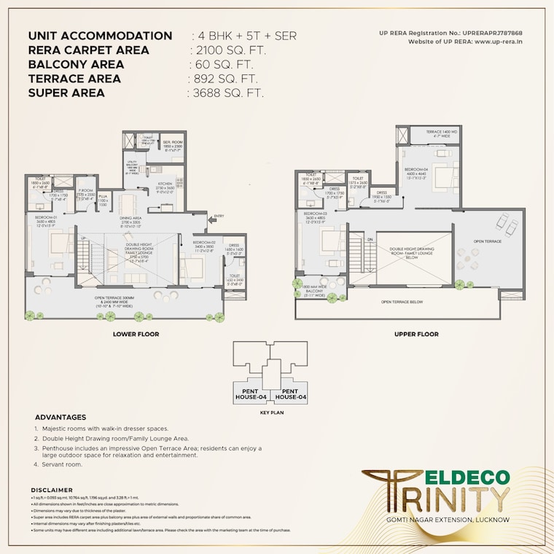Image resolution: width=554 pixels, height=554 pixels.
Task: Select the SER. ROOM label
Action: [x=172, y=143]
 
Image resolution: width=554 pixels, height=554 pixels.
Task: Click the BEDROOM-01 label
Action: [x=45, y=216]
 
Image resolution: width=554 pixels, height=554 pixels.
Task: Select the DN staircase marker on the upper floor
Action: [x=370, y=238]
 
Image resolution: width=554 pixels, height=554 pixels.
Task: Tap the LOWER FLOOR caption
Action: [x=136, y=334]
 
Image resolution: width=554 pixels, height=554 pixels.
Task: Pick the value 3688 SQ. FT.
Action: [x=226, y=93]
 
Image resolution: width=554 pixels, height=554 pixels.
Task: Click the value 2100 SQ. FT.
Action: [x=227, y=50]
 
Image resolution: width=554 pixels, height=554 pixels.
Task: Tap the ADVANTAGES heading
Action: [x=61, y=417]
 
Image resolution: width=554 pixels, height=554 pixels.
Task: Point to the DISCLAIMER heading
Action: [x=52, y=490]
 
